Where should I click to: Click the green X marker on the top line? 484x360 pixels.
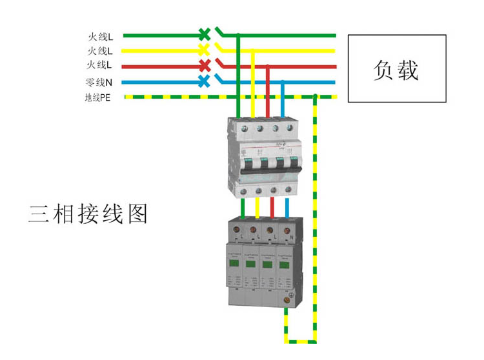click(x=204, y=34)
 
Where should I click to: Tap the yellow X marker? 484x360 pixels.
click(x=204, y=50)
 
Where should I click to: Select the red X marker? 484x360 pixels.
click(x=204, y=65)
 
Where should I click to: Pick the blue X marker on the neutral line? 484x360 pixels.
click(x=204, y=81)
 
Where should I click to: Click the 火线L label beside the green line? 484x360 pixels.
click(x=100, y=36)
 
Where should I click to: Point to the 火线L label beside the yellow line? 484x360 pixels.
click(x=100, y=50)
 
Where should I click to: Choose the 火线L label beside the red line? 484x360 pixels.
click(x=100, y=65)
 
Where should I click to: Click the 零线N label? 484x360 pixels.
click(x=99, y=82)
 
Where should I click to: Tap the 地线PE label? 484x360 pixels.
click(x=97, y=97)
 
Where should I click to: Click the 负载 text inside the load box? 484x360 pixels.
click(x=396, y=69)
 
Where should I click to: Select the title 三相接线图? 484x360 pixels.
click(x=88, y=213)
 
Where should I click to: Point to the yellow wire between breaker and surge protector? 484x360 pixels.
click(x=257, y=208)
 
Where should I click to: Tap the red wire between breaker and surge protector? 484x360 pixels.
click(x=272, y=208)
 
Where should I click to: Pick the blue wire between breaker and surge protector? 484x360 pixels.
click(x=286, y=208)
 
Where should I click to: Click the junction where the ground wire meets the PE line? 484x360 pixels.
click(x=315, y=97)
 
